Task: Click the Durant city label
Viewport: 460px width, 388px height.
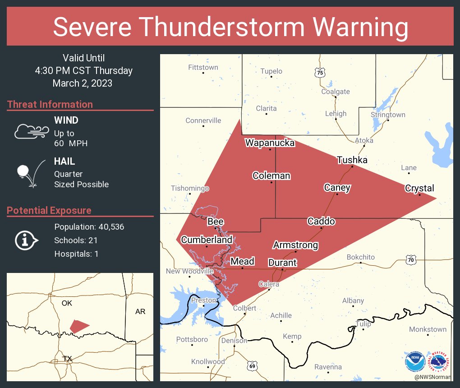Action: pyautogui.click(x=282, y=263)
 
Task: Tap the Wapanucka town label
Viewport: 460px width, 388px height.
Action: pyautogui.click(x=270, y=143)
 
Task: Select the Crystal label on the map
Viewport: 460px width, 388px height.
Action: pyautogui.click(x=419, y=188)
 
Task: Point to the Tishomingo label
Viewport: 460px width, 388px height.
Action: pyautogui.click(x=190, y=188)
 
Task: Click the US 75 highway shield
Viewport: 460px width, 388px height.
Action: pyautogui.click(x=320, y=72)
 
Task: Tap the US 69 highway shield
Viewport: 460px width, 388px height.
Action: pyautogui.click(x=252, y=366)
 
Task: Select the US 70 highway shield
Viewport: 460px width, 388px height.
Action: pyautogui.click(x=410, y=260)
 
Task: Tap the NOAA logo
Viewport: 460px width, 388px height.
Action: pyautogui.click(x=414, y=361)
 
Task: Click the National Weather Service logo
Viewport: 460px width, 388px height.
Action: pyautogui.click(x=440, y=361)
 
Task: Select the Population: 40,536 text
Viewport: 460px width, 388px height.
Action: pyautogui.click(x=89, y=226)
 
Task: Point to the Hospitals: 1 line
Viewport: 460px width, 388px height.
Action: pyautogui.click(x=76, y=254)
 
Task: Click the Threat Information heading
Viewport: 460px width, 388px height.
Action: pyautogui.click(x=50, y=104)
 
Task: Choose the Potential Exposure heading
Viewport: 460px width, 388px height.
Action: pyautogui.click(x=49, y=210)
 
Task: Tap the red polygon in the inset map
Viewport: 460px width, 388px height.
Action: pyautogui.click(x=79, y=326)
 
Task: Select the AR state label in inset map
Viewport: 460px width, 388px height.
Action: pyautogui.click(x=140, y=312)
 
